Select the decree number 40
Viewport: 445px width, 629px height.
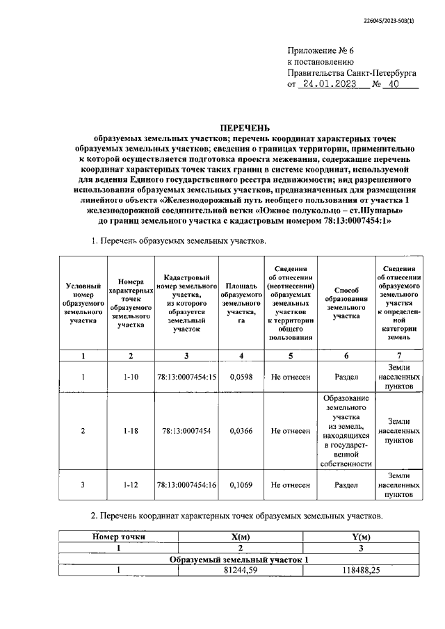tap(394, 85)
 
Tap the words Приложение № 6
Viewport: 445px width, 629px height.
tap(321, 51)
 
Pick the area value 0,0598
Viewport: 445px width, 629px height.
tap(241, 377)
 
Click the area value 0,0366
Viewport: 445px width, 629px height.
tap(241, 431)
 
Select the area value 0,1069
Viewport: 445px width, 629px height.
tap(241, 485)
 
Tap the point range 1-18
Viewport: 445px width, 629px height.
tap(130, 431)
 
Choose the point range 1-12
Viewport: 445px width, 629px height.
tap(130, 485)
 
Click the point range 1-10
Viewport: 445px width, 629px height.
tap(130, 377)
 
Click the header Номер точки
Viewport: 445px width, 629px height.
tap(119, 537)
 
